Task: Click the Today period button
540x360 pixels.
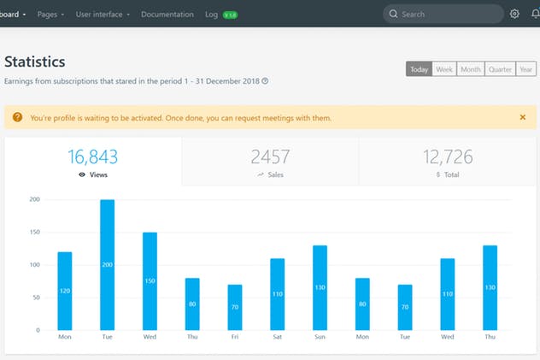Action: [x=419, y=69]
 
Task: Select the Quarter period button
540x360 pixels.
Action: [x=499, y=69]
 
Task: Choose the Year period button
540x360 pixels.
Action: [x=526, y=69]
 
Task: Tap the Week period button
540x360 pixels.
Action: [x=444, y=69]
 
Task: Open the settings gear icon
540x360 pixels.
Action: [x=514, y=14]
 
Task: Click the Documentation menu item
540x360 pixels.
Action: [x=167, y=15]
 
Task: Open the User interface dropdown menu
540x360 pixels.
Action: [x=103, y=15]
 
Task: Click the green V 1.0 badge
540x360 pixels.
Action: [x=230, y=15]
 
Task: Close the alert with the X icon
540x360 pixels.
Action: [x=523, y=117]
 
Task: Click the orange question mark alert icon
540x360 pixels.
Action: [x=17, y=117]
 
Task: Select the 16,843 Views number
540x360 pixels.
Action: [x=93, y=156]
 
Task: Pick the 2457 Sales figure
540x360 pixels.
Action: [x=270, y=156]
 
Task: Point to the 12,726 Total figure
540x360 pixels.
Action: [x=448, y=156]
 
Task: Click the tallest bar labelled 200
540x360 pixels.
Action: [x=108, y=265]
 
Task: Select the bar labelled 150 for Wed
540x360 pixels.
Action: [x=150, y=281]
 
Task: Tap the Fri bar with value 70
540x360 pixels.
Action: [x=235, y=307]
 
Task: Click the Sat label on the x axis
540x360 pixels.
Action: [x=277, y=338]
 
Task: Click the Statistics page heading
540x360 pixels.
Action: [x=35, y=62]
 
